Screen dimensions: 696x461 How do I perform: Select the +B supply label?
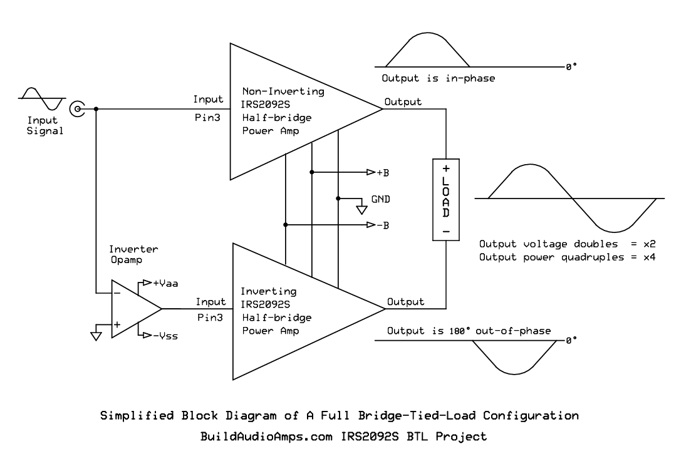point(383,173)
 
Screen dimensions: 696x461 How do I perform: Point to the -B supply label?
point(383,225)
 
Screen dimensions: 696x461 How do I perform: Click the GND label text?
point(381,199)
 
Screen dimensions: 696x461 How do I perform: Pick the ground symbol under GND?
point(361,209)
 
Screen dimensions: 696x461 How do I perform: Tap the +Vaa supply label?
point(165,284)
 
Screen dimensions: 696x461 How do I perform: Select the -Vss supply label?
point(165,336)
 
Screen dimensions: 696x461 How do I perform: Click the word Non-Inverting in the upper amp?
point(283,91)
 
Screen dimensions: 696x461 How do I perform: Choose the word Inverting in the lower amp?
point(269,291)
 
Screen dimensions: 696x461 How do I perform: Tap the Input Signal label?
point(44,125)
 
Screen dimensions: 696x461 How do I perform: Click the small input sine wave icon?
point(42,98)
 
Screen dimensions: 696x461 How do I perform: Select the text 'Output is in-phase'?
point(439,78)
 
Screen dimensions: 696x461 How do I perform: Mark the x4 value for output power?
point(650,257)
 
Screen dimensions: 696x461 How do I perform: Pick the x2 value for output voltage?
point(650,244)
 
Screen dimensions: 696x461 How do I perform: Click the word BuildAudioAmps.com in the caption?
point(266,437)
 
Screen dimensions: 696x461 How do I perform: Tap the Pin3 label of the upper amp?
point(207,118)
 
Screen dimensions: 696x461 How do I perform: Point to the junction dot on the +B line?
point(312,172)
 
